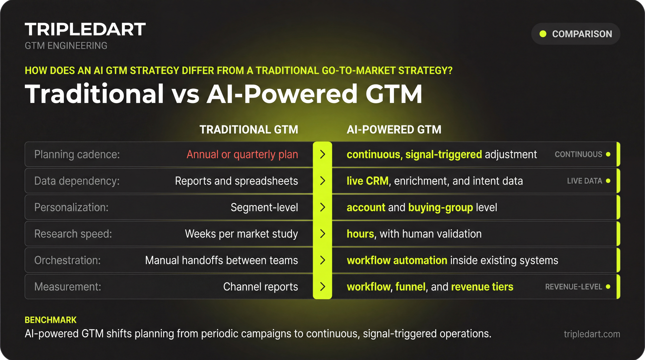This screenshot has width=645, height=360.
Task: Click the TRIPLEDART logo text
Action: [x=85, y=29]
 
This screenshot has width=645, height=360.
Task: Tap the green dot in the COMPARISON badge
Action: [x=543, y=34]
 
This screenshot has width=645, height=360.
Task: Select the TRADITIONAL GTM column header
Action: [x=249, y=129]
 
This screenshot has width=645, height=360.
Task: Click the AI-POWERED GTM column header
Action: [x=394, y=129]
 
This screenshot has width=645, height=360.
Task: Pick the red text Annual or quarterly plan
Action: [x=242, y=154]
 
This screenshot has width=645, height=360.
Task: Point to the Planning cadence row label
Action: [x=77, y=154]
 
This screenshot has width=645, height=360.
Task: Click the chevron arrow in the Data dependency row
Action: [x=322, y=181]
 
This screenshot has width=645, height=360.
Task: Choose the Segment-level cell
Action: [x=264, y=207]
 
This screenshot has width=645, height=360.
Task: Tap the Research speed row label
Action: [x=73, y=234]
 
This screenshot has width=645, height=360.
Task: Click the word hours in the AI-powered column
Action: [x=360, y=234]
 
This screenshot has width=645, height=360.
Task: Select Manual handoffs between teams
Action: [x=221, y=260]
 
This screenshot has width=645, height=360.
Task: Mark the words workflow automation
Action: [x=397, y=260]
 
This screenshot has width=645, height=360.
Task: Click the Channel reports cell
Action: [x=260, y=287]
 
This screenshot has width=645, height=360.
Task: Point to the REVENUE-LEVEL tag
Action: [x=574, y=287]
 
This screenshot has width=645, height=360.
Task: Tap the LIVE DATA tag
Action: [x=585, y=181]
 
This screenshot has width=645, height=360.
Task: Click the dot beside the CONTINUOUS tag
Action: [x=608, y=154]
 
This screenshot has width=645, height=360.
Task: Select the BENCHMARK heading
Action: [x=51, y=320]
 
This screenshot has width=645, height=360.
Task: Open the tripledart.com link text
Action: [x=592, y=334]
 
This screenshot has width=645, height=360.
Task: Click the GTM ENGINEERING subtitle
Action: [x=66, y=46]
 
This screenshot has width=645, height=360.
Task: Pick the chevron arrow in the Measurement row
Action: [x=322, y=287]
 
